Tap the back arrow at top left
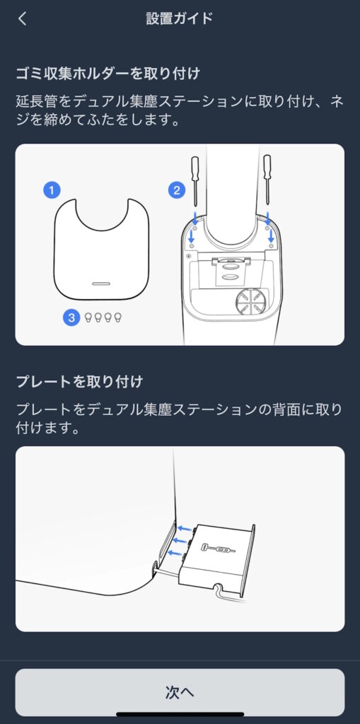click(x=23, y=19)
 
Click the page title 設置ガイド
click(x=180, y=19)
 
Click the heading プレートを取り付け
click(x=80, y=382)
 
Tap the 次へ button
click(x=180, y=692)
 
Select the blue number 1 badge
click(x=51, y=189)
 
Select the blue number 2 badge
click(x=175, y=189)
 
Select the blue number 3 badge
click(x=71, y=317)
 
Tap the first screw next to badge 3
click(x=88, y=317)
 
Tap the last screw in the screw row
click(x=118, y=317)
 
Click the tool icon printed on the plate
click(x=216, y=549)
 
